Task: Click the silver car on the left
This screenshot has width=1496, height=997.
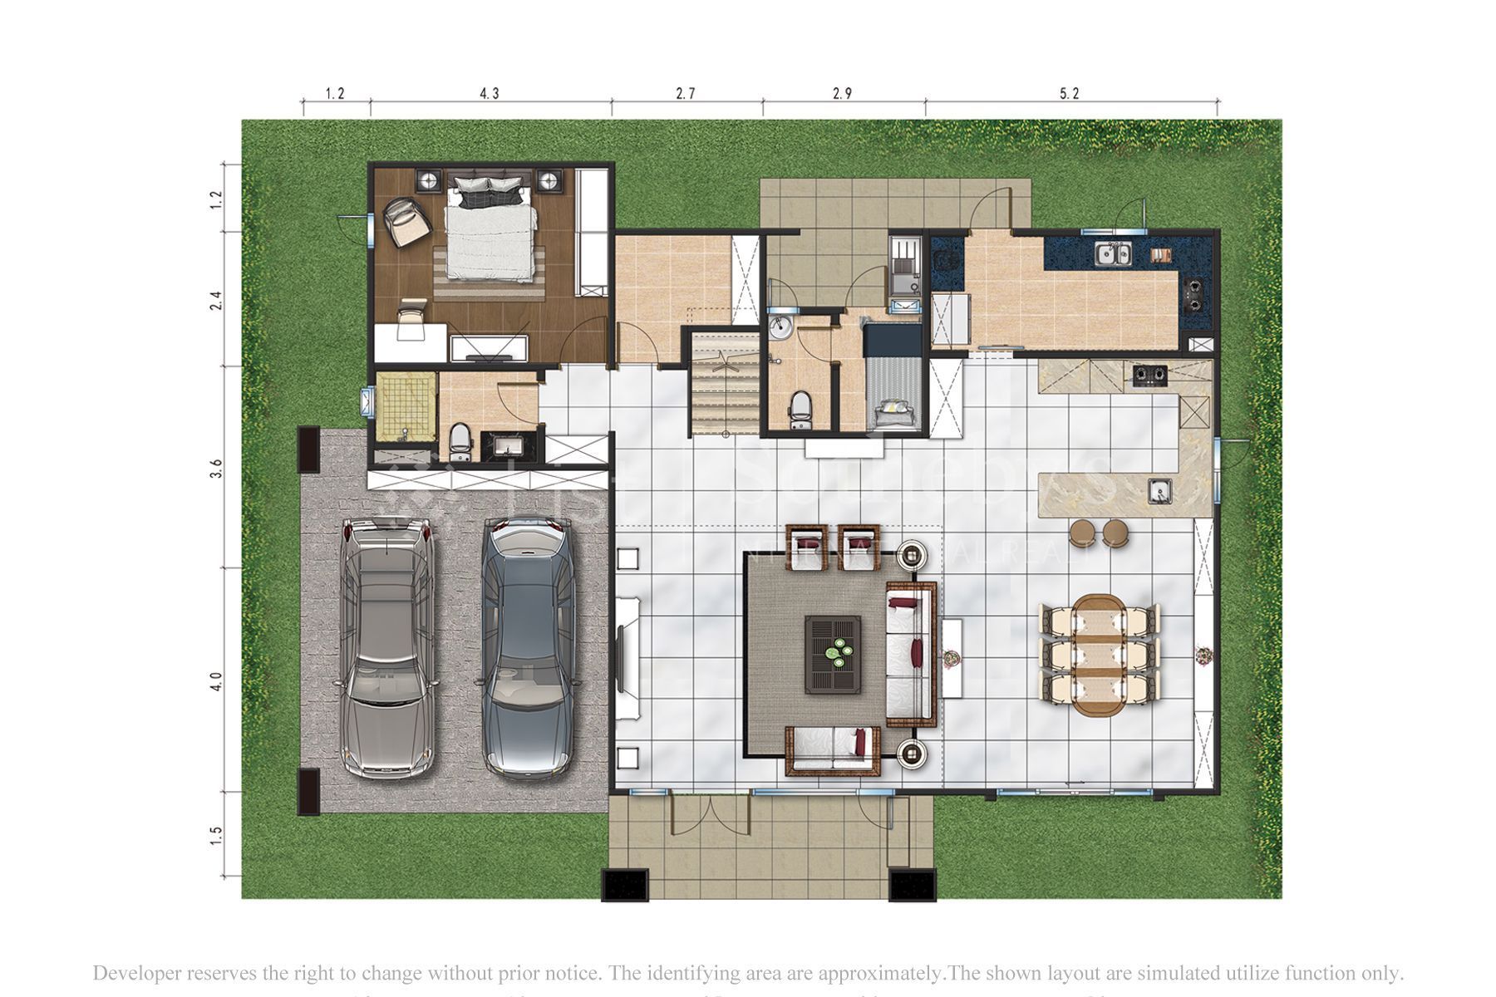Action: click(x=386, y=648)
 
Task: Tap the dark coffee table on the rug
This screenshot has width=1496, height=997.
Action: click(x=833, y=655)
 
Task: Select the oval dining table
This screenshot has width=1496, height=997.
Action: click(x=1097, y=655)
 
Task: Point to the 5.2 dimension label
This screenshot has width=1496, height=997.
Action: click(x=1069, y=94)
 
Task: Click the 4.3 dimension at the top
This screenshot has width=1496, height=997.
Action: click(x=490, y=94)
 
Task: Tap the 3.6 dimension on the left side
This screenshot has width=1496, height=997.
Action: click(x=217, y=469)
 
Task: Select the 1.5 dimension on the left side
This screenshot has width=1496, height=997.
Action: click(x=217, y=835)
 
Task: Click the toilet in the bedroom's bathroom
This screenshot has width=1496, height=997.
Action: click(x=460, y=440)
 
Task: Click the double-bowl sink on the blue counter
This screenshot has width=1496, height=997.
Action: click(x=1113, y=253)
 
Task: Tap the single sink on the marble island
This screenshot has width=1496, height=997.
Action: click(x=1160, y=492)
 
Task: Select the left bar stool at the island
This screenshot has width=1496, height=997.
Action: click(x=1082, y=533)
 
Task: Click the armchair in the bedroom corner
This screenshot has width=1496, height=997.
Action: click(x=406, y=222)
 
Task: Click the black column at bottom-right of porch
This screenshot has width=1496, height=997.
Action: click(x=912, y=885)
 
